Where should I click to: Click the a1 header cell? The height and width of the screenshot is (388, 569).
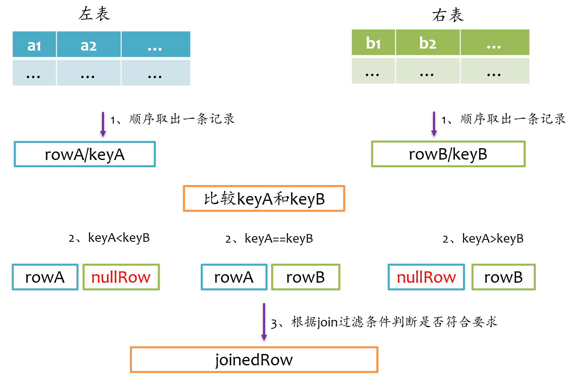[34, 45]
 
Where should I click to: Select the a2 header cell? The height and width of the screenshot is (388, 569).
[89, 45]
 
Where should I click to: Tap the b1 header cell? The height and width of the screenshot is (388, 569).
[373, 43]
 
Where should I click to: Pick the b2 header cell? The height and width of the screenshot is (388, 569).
[427, 43]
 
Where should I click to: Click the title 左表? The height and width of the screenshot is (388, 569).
[94, 14]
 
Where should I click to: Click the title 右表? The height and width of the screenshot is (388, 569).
[448, 15]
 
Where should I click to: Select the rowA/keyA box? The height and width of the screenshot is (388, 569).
[85, 154]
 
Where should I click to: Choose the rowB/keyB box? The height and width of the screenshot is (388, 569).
[448, 154]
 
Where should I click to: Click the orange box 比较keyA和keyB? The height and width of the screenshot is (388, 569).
[264, 198]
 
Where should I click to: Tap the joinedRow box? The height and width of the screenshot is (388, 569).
[254, 360]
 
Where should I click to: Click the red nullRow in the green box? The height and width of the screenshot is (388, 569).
[121, 277]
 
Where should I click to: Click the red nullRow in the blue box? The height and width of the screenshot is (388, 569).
[426, 277]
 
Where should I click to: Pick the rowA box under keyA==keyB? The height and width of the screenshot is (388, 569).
[234, 277]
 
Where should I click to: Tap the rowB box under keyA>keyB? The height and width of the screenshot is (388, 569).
[503, 277]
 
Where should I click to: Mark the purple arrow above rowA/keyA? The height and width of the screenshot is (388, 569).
[103, 124]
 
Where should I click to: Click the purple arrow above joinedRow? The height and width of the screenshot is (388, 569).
[264, 322]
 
